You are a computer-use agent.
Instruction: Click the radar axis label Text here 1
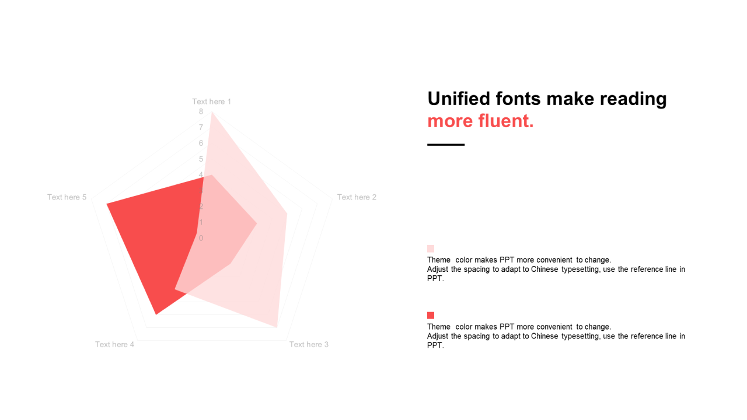point(211,101)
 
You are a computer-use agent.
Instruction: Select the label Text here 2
point(357,197)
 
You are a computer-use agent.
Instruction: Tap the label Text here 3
point(309,345)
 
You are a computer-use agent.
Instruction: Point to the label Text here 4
point(114,345)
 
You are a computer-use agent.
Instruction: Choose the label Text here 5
point(67,197)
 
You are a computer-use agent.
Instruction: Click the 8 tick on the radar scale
point(201,111)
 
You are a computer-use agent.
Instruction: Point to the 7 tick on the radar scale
point(201,127)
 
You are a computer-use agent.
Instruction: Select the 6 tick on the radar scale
point(201,143)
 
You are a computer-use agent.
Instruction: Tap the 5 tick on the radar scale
point(201,159)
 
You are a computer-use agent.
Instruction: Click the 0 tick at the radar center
point(201,239)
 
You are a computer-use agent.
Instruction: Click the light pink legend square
point(431,249)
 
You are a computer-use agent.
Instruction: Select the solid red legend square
point(431,316)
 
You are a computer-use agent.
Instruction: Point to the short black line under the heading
point(446,145)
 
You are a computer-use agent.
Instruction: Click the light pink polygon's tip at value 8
point(212,112)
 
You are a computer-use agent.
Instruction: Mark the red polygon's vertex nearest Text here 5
point(107,204)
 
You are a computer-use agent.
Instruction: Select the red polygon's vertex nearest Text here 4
point(156,314)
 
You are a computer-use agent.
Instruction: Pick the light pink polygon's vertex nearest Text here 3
point(277,327)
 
